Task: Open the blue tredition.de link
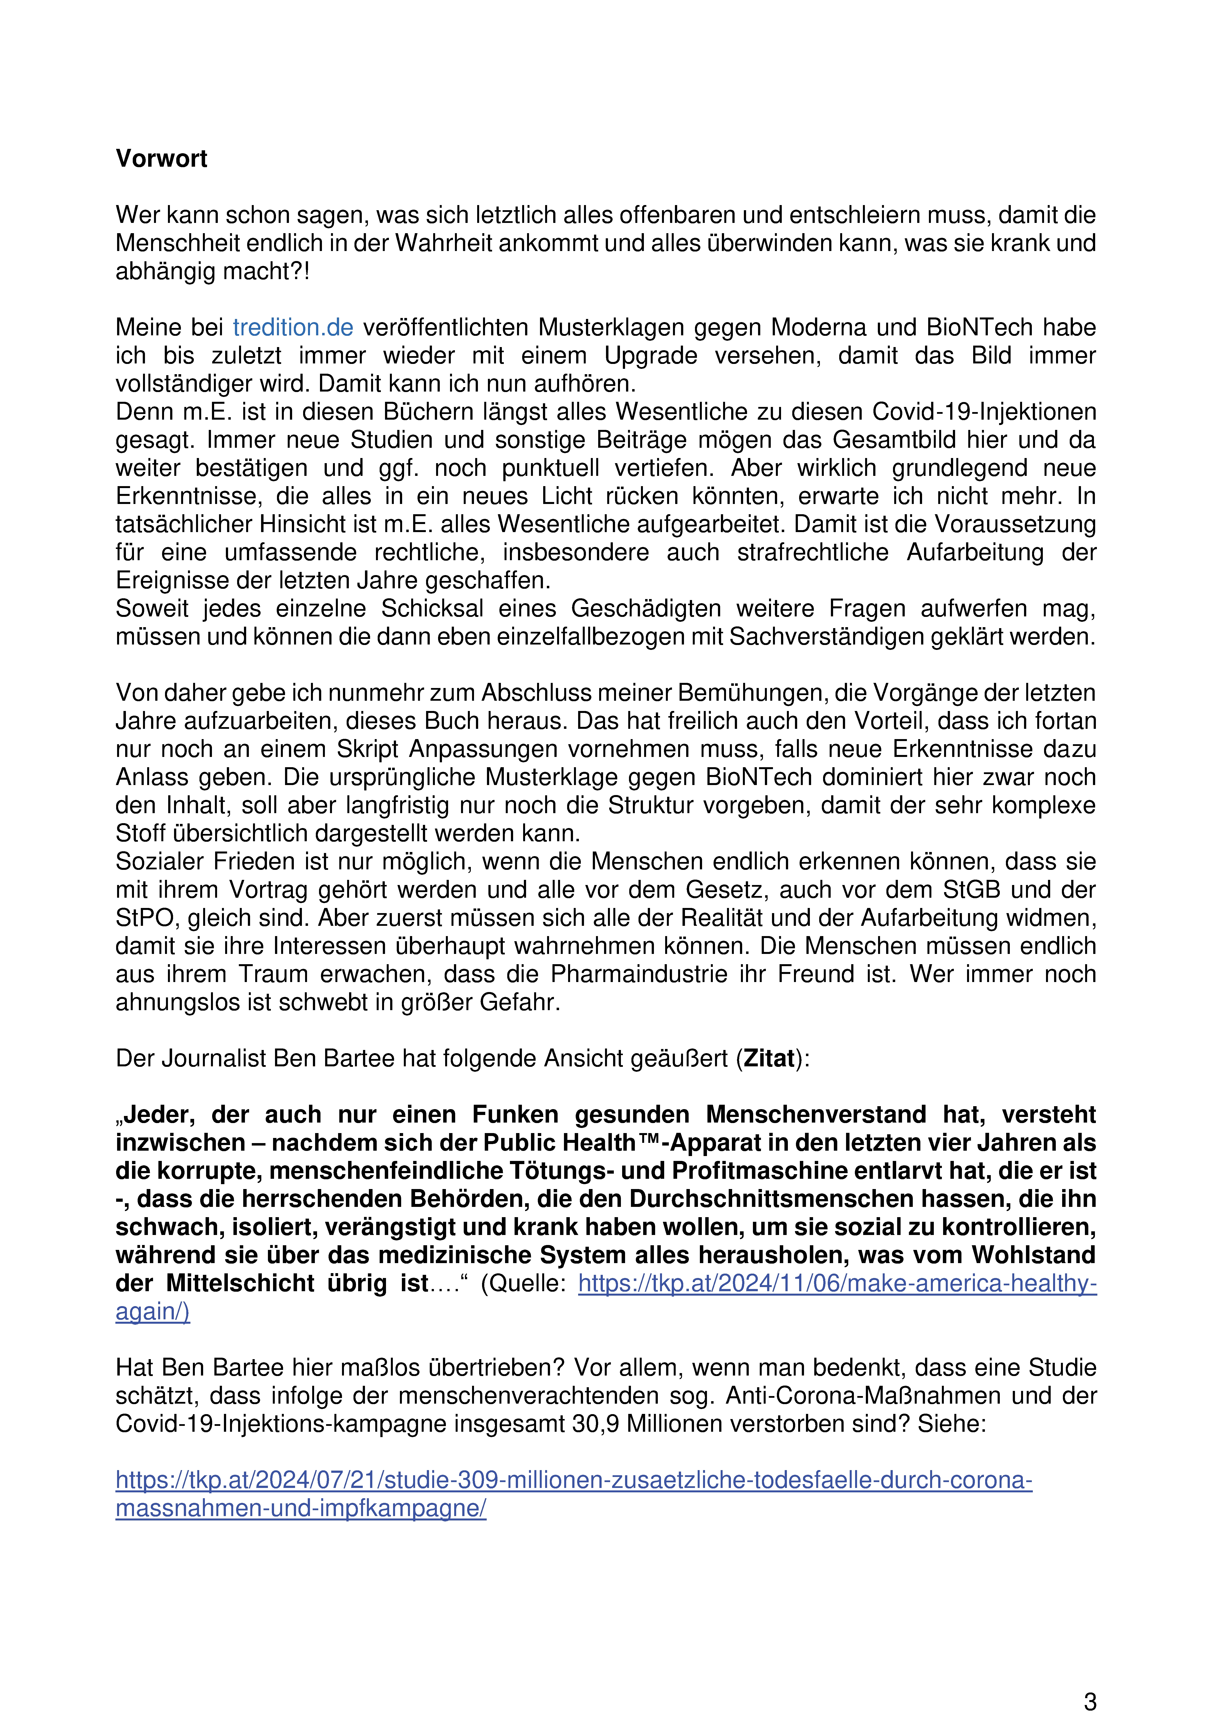(x=293, y=327)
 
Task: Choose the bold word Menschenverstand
(x=816, y=1114)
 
